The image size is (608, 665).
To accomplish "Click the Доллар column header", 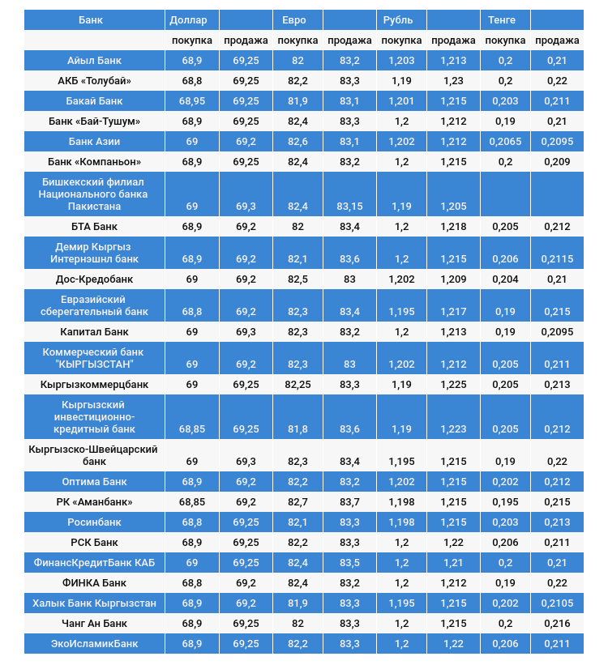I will point(188,19).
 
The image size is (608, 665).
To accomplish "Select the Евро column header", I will point(293,19).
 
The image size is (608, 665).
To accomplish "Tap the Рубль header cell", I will point(397,19).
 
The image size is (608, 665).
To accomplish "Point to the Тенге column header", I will point(502,19).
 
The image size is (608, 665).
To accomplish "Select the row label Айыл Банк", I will point(94,61).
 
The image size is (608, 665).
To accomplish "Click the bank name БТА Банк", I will point(94,226).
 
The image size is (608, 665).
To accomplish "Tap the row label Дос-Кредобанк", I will point(94,279).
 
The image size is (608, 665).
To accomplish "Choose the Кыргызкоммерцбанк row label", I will point(94,384).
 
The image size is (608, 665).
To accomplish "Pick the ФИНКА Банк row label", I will point(94,582).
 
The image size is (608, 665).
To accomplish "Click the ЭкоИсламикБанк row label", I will point(94,643).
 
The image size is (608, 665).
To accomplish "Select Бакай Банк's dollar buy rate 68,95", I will point(191,101).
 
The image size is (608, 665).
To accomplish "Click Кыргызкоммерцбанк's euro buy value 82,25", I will point(298,384).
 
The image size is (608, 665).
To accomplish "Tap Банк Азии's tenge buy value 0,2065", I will point(505,141).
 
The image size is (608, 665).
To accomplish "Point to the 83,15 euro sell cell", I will point(349,207).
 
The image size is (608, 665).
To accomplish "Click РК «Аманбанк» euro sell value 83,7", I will point(349,502).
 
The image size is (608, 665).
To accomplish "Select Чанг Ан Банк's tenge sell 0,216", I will point(557,623).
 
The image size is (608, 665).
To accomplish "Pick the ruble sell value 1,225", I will point(453,384).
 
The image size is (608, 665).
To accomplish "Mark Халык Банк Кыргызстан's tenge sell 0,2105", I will point(557,603).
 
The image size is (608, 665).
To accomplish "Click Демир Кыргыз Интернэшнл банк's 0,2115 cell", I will point(557,259).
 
